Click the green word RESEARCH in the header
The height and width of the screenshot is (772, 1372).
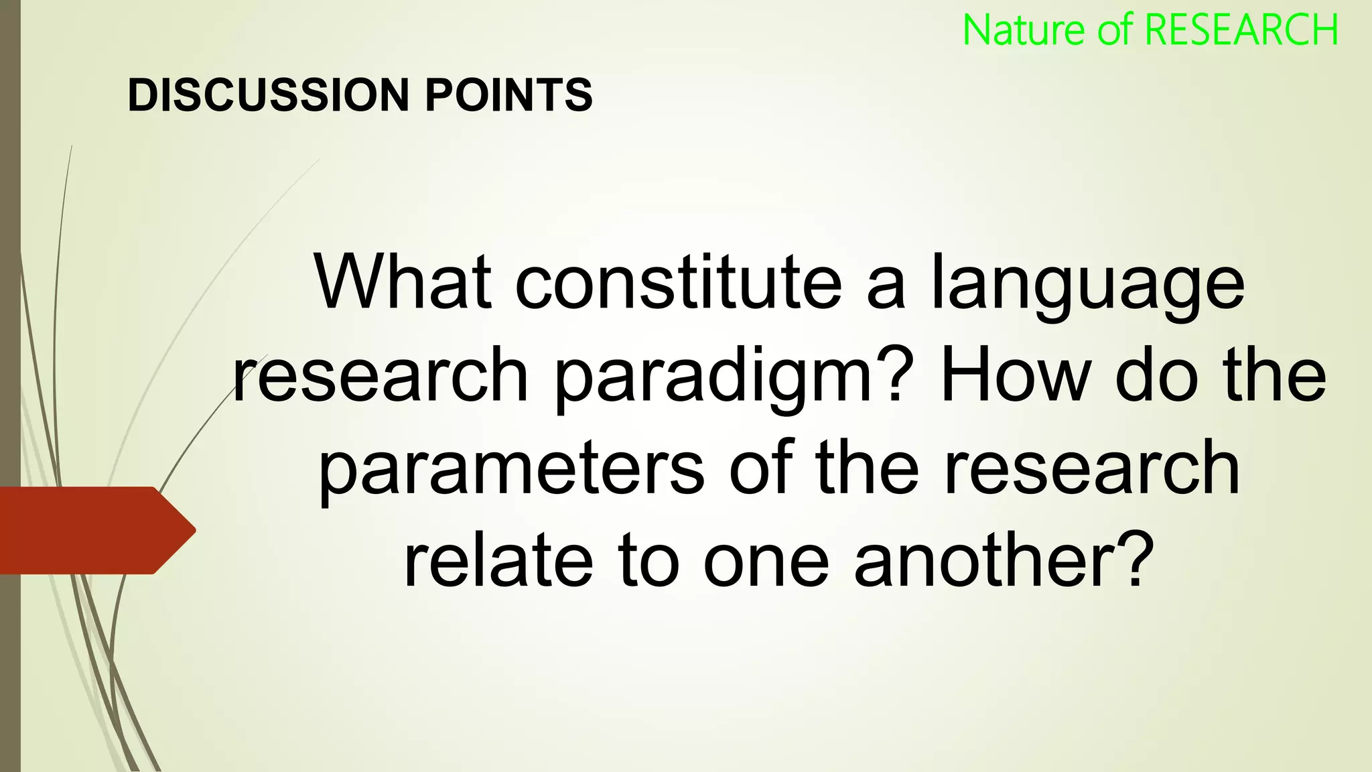tap(1241, 30)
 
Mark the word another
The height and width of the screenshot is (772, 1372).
tap(986, 560)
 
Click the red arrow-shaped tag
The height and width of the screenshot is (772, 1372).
tap(94, 530)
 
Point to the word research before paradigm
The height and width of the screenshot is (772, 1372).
tap(381, 375)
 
